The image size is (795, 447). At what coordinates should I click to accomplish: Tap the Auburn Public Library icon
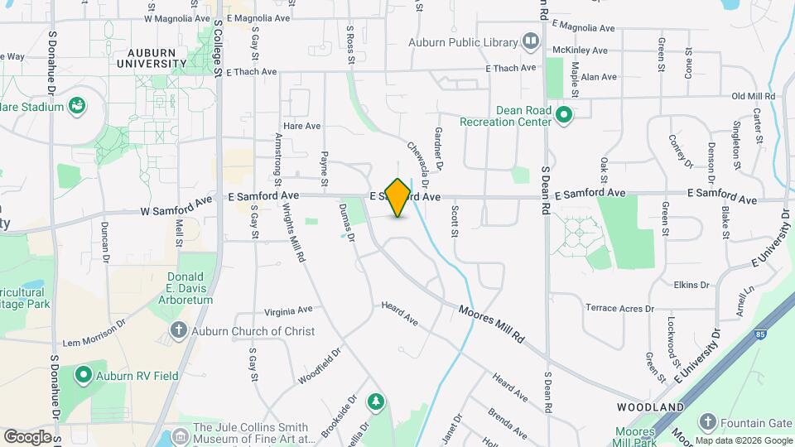[530, 42]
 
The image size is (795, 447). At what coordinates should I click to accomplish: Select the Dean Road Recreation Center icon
[565, 114]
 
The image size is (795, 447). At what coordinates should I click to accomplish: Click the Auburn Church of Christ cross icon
[178, 331]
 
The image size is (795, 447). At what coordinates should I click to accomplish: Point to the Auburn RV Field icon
[83, 376]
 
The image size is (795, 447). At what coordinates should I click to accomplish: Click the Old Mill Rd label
[753, 97]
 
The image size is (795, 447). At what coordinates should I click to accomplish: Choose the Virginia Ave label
[288, 311]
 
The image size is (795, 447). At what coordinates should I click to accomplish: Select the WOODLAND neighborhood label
[651, 407]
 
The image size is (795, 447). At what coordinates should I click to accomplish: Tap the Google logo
[27, 436]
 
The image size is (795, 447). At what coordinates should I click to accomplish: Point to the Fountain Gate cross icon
[707, 422]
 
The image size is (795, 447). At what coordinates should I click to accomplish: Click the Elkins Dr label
[692, 285]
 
